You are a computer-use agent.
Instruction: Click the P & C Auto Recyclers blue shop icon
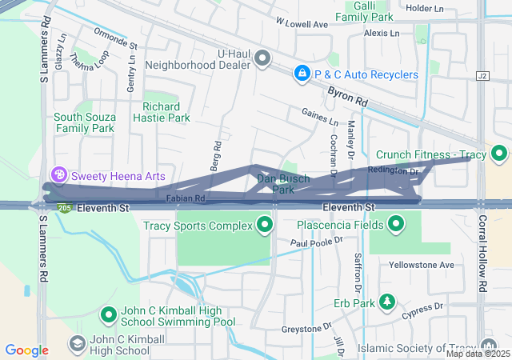pos(302,74)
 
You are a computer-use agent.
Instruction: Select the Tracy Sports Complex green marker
pos(266,226)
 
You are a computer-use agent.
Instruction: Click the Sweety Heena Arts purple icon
pos(58,174)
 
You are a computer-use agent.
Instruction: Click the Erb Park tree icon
pos(388,302)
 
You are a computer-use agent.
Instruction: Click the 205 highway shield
pos(65,208)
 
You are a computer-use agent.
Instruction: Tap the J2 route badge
pos(482,76)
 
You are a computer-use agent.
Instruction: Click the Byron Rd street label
pos(347,97)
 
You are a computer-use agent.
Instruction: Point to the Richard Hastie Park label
pos(166,112)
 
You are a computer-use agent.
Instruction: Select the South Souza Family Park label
pos(84,122)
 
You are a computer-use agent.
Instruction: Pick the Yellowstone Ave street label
pos(421,265)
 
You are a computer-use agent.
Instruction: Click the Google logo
pos(26,350)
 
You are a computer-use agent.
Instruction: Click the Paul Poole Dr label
pos(316,241)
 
